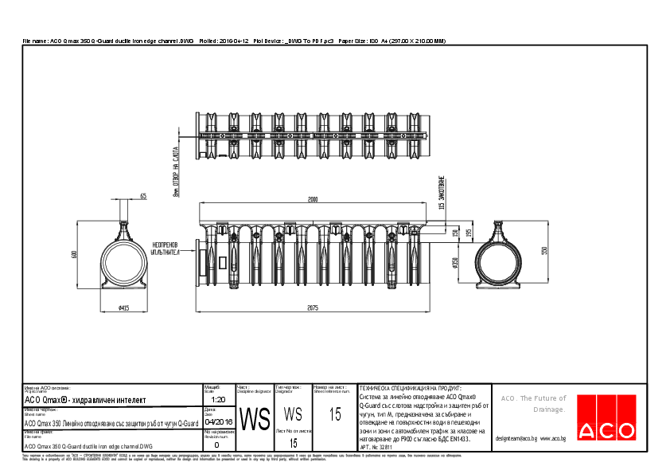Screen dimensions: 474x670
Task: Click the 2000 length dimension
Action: pos(314,198)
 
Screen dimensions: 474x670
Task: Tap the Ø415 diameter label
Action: pos(123,308)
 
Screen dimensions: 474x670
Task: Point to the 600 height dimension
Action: pos(74,254)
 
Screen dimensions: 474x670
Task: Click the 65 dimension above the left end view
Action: pos(143,195)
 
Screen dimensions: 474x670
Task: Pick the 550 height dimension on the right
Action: pos(543,250)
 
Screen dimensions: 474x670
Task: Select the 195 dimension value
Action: pos(469,232)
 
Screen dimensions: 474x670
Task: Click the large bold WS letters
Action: pos(254,419)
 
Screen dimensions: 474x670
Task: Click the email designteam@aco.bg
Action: pos(516,438)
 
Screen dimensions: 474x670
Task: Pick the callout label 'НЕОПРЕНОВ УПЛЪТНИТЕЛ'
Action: pos(166,248)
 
